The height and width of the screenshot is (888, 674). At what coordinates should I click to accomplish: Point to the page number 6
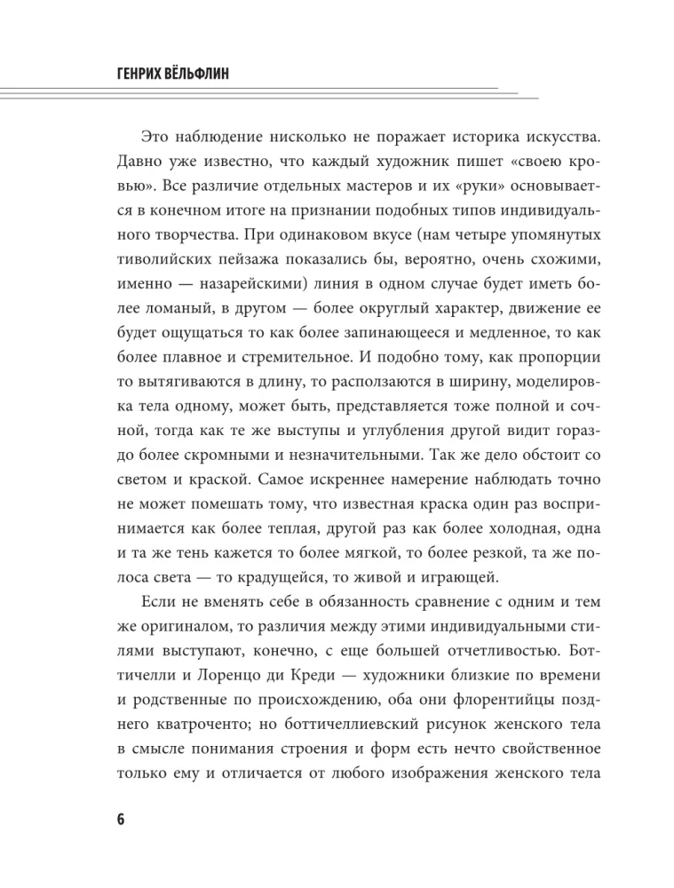[x=121, y=818]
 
